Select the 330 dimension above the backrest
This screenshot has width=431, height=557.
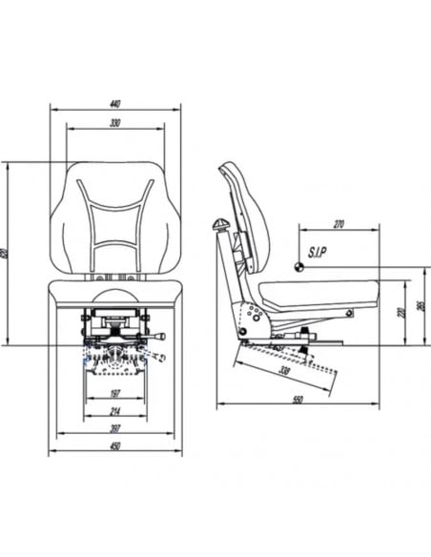[115, 124]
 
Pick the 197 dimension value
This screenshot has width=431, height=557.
[115, 393]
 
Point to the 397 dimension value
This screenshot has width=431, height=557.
[115, 430]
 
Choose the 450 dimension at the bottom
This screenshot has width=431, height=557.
[115, 445]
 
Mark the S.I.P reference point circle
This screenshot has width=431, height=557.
[299, 267]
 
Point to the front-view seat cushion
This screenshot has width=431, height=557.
[115, 293]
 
